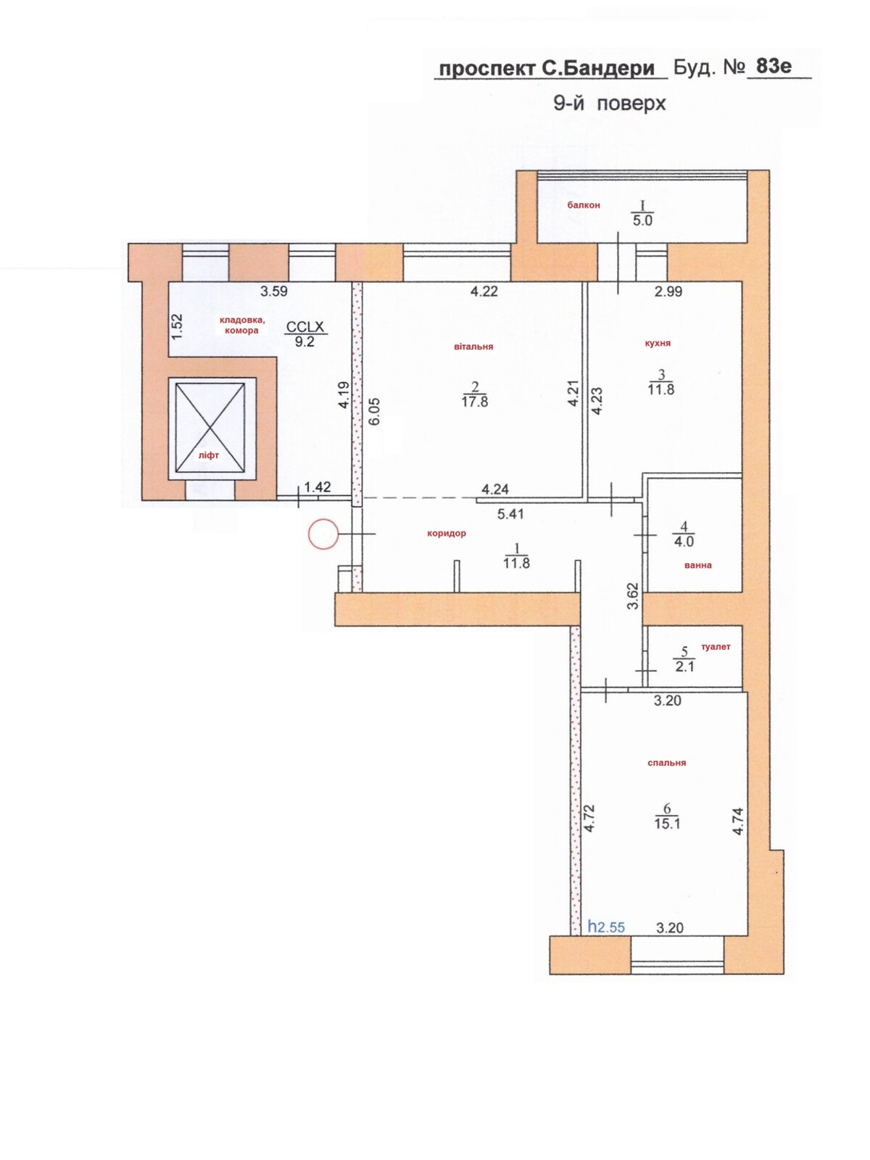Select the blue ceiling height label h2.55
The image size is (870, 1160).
tap(606, 927)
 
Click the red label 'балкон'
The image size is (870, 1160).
tap(584, 205)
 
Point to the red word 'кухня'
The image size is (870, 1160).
tap(658, 343)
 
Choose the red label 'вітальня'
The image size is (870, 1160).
tap(473, 347)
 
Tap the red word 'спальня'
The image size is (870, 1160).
tap(666, 763)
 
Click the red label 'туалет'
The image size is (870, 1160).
tap(716, 647)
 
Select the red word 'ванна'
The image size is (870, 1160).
tap(697, 565)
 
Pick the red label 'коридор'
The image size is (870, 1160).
tap(447, 533)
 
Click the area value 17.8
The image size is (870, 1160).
tap(474, 402)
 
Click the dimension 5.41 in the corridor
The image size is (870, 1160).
tap(510, 514)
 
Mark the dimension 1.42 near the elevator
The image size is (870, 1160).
tap(318, 486)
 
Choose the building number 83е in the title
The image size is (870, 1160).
tap(774, 66)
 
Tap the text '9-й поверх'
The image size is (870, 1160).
tap(609, 103)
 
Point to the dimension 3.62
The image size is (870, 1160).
tap(633, 596)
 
